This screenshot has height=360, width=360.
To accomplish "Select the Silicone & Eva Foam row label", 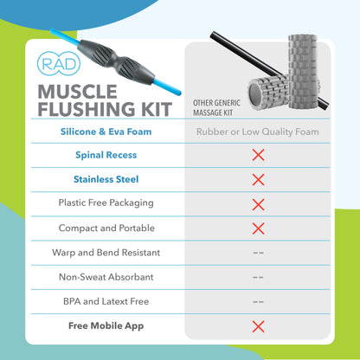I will tap(107, 132).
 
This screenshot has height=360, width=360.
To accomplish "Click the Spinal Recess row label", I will tap(107, 156).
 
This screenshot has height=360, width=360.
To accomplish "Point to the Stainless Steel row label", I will tap(107, 180).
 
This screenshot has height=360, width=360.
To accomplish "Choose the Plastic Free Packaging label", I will tap(107, 204).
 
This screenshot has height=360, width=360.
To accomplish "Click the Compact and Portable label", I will tap(107, 228).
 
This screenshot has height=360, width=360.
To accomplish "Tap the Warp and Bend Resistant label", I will tap(107, 253).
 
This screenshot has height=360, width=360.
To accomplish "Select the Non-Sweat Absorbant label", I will tap(107, 277).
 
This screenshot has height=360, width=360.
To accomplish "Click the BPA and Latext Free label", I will tap(107, 301).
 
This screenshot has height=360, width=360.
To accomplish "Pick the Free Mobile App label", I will tap(107, 326).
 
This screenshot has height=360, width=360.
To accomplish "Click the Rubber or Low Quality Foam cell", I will tap(257, 132).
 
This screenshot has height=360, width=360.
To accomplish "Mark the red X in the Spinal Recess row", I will tap(257, 156).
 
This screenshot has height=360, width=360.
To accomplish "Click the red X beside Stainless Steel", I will tap(257, 180).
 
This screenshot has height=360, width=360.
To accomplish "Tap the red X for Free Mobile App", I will tap(257, 326).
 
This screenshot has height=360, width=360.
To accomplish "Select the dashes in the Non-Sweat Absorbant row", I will tap(257, 277).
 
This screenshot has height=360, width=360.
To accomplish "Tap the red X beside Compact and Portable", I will tap(257, 228).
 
